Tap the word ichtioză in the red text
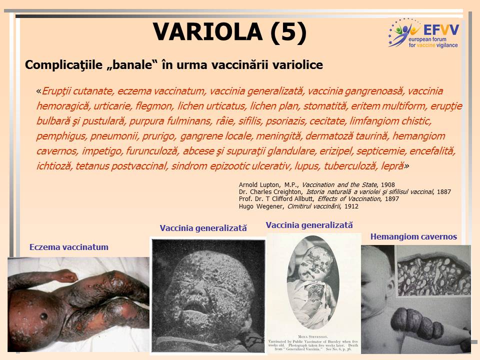click(x=54, y=166)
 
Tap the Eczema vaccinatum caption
click(x=69, y=247)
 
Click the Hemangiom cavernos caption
click(x=413, y=236)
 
